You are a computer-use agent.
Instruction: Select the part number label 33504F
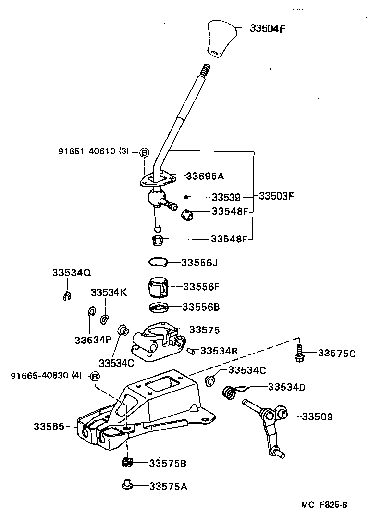(268, 28)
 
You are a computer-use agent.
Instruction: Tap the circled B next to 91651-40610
(144, 152)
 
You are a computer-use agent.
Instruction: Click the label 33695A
(205, 176)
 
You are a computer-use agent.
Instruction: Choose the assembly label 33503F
(276, 196)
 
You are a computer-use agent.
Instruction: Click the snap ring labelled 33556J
(157, 262)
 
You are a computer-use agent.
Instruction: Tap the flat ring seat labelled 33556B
(157, 307)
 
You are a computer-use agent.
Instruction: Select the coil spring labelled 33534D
(230, 392)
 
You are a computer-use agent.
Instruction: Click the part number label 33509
(317, 417)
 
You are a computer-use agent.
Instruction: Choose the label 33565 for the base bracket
(49, 426)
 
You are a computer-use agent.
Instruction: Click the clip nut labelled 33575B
(126, 463)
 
